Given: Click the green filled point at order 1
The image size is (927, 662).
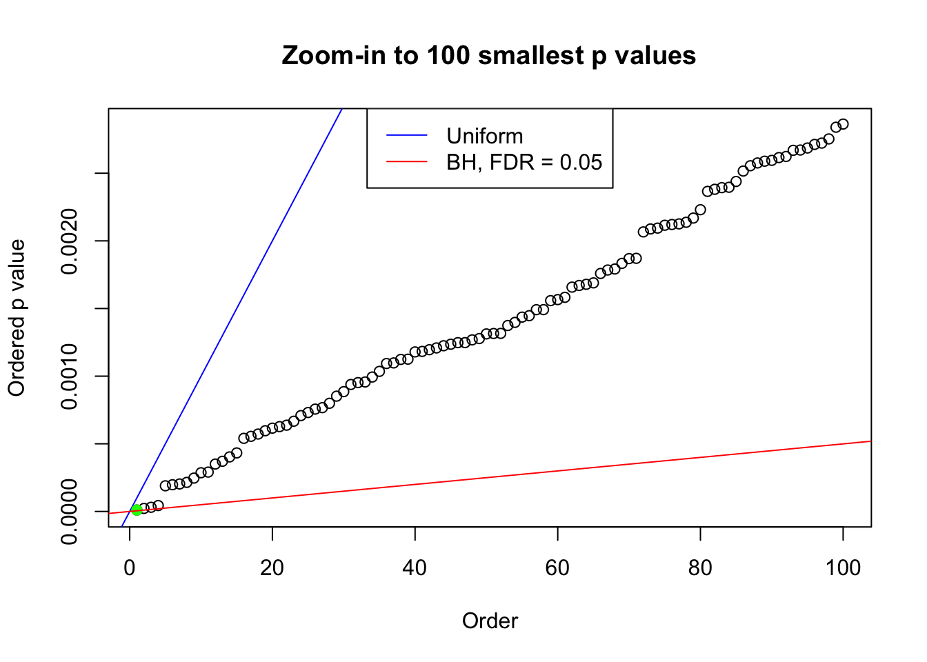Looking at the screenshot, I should (137, 510).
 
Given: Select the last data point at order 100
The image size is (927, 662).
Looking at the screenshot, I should (843, 124).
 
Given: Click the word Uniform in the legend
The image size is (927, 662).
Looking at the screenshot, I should (484, 136).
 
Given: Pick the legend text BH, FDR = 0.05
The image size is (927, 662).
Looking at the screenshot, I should (524, 162).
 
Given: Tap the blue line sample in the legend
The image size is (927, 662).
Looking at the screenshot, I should (406, 136).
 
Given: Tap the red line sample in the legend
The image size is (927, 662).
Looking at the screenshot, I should (406, 162).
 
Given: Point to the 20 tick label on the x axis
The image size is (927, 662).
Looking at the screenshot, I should (272, 568).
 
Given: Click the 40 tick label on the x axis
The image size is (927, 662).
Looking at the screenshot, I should (415, 568).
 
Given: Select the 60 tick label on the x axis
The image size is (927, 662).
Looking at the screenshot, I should (557, 568).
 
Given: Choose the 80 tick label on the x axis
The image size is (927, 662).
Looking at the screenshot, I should (700, 568).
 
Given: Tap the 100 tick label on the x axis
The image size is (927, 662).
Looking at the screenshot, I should (843, 568).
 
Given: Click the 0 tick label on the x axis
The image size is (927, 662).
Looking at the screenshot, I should (130, 568).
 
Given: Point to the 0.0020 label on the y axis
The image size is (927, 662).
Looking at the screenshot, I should (70, 241).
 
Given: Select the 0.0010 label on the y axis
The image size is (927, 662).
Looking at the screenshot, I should (70, 376).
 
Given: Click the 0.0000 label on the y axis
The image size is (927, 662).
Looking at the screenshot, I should (70, 512).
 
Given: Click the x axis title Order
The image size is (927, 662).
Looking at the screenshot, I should (490, 621).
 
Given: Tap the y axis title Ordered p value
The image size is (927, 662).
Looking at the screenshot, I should (17, 318).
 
